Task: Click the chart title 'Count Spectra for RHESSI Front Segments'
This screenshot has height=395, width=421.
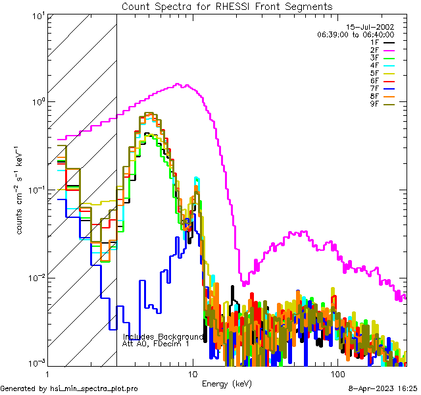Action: [227, 7]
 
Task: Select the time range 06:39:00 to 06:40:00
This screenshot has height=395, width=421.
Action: [355, 34]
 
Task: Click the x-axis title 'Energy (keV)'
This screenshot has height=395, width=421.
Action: [227, 383]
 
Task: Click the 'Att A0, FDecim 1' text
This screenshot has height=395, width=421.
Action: [156, 344]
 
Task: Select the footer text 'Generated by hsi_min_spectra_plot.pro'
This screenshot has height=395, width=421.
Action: [70, 388]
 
